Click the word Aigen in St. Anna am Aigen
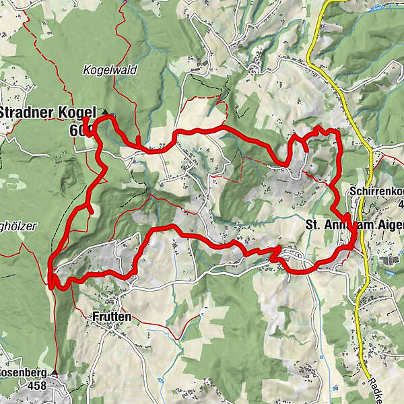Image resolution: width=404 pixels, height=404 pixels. pos(388,224)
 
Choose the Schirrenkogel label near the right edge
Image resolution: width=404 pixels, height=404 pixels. pos(376,192)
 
